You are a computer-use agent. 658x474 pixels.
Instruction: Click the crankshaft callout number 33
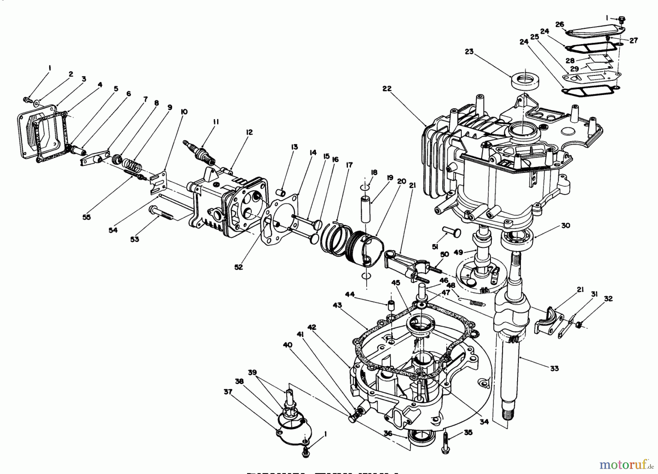pos(554,368)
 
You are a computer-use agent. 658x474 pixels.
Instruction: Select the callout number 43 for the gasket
pos(337,305)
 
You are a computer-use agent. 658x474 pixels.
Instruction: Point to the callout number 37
pos(228,392)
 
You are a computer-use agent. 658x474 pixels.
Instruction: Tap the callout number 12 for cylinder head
pos(249,132)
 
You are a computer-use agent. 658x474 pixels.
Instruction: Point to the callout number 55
pos(86,217)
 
